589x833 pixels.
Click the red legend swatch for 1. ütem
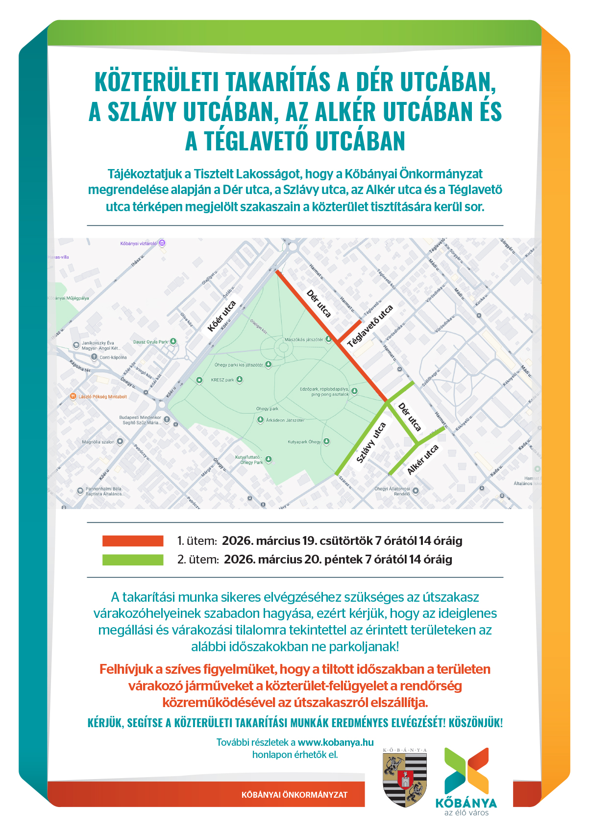(x=133, y=540)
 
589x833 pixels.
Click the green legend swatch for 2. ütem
(x=133, y=560)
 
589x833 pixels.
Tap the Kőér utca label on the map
(x=221, y=316)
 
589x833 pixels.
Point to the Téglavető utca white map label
(x=370, y=326)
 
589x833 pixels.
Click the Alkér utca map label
(x=422, y=460)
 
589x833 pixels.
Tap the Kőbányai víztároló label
(x=139, y=244)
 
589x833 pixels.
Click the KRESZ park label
(x=222, y=380)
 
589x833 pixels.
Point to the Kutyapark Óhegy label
(x=304, y=442)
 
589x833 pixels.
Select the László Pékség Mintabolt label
(x=102, y=397)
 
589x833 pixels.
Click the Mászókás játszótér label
(x=304, y=340)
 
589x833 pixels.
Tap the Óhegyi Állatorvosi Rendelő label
(x=392, y=491)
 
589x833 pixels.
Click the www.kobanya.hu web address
(x=336, y=742)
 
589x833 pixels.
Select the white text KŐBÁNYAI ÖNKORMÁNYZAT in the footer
(x=294, y=795)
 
